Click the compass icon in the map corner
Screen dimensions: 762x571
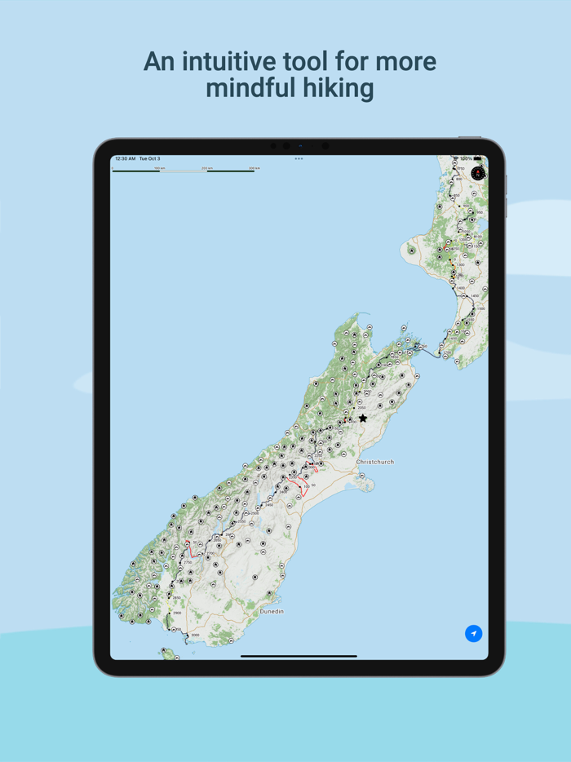click(478, 173)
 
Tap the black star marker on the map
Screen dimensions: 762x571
click(363, 419)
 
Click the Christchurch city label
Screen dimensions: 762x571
click(375, 462)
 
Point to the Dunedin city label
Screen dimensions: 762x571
click(272, 611)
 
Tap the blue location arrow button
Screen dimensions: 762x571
click(473, 633)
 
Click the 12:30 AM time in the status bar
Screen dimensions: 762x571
click(125, 159)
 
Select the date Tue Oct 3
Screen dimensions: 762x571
click(150, 159)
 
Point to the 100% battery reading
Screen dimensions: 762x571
click(466, 159)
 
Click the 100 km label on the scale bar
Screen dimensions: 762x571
click(159, 168)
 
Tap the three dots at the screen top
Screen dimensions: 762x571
click(299, 159)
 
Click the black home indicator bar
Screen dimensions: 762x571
click(299, 656)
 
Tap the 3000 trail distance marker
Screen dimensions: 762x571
click(194, 635)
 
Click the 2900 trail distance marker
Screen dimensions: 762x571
click(176, 611)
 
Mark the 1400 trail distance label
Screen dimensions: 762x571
click(461, 288)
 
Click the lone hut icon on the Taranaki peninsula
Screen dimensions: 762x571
click(412, 250)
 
